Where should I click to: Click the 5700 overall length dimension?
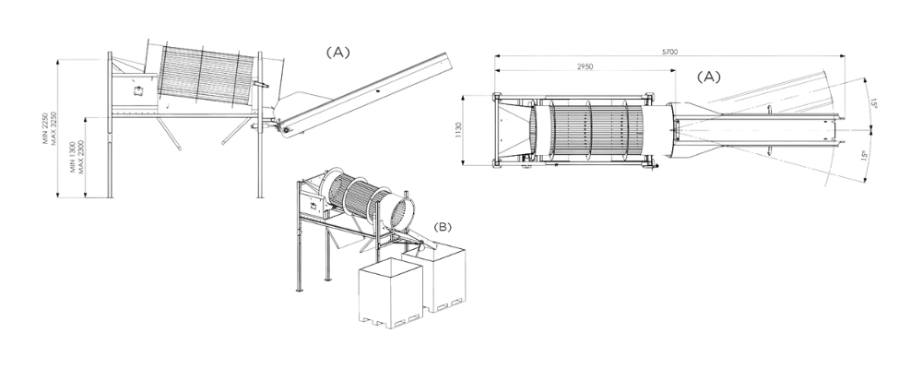669,52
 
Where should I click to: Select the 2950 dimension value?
585,66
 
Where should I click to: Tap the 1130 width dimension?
458,131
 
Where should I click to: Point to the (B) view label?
443,227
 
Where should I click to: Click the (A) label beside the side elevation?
338,53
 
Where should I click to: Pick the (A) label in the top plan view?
708,77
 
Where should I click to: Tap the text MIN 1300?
74,157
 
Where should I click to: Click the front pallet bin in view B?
390,292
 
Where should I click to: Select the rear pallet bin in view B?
438,276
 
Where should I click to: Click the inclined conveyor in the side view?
364,94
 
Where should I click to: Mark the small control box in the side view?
139,90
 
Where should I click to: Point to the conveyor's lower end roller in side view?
286,129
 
